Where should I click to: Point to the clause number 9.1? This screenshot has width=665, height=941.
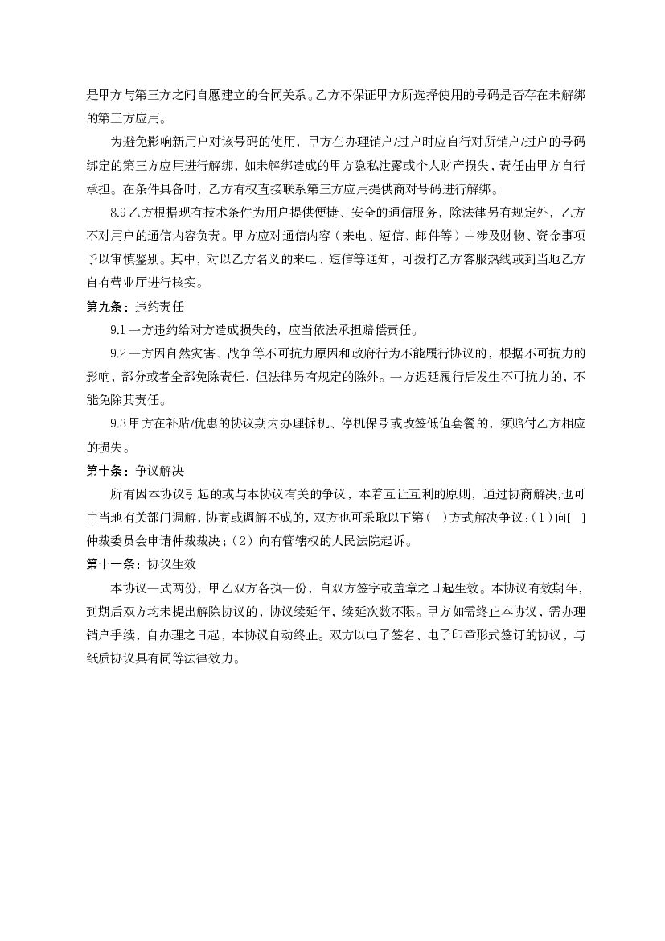coord(118,330)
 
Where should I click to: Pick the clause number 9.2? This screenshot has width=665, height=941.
coord(118,353)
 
